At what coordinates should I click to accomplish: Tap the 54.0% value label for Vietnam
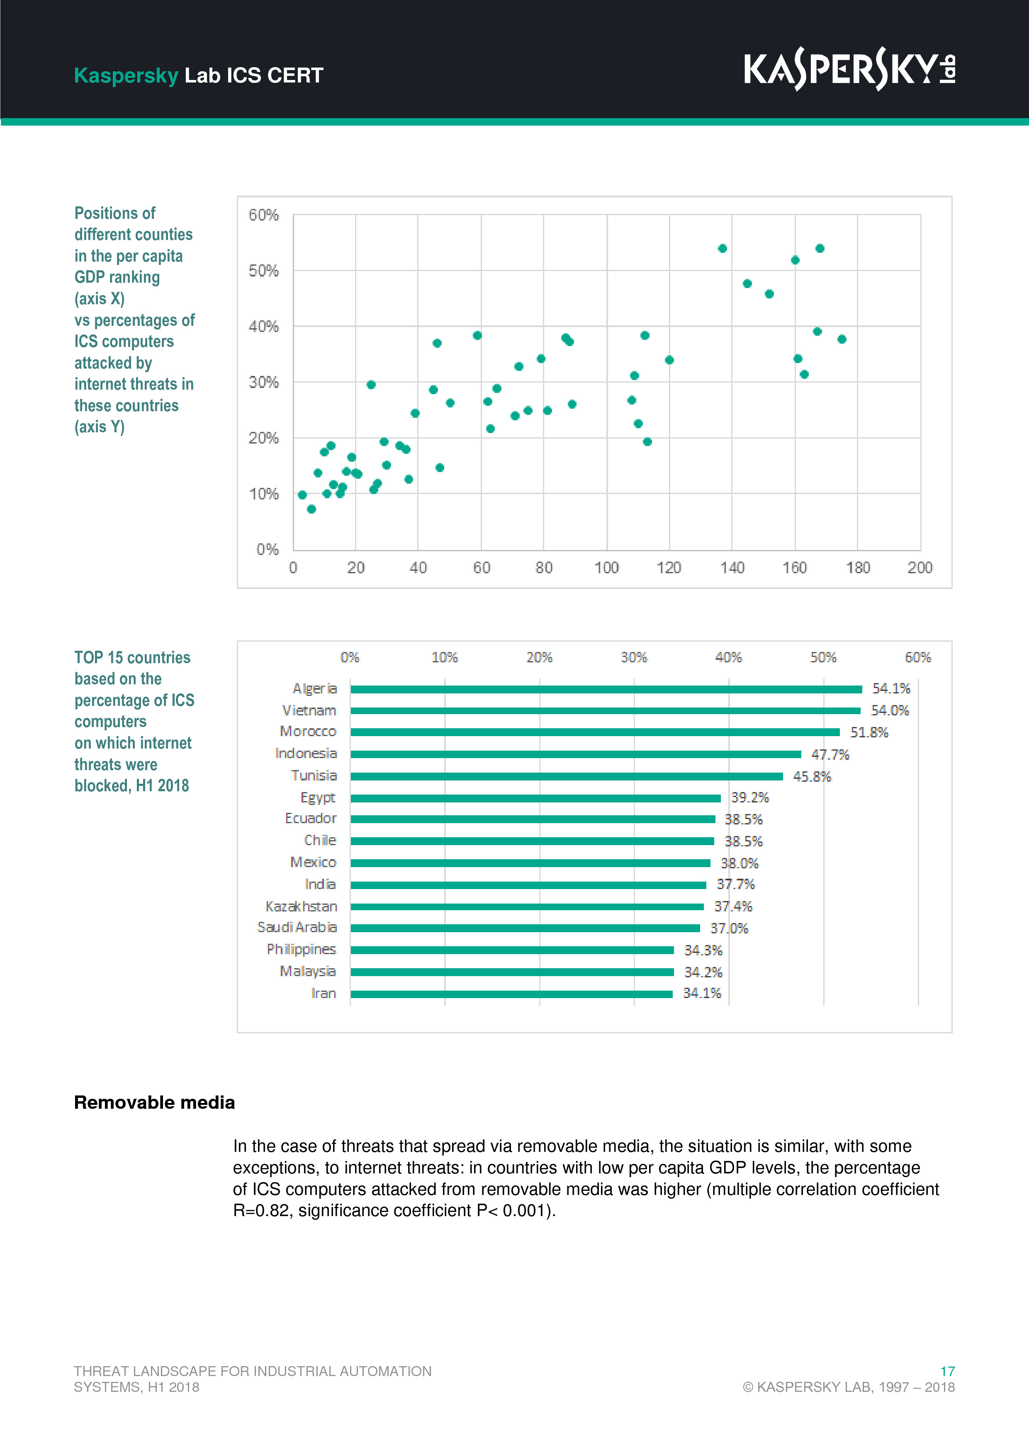pos(890,710)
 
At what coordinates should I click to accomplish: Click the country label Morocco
pos(308,732)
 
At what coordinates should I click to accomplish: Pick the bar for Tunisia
pos(567,776)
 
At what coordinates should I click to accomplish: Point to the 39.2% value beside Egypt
pos(749,797)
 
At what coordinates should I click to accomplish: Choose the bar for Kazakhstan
pos(527,907)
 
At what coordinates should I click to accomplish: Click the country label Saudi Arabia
pos(297,928)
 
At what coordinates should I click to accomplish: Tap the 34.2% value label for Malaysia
pos(703,972)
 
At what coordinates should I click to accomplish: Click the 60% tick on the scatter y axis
pos(264,215)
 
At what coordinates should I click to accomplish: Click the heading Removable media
pos(155,1103)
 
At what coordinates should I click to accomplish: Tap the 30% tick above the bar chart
pos(634,657)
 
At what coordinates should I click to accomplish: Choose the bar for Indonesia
pos(575,754)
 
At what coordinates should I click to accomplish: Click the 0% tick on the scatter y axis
pos(268,549)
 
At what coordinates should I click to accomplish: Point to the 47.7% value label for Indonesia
pos(830,754)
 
